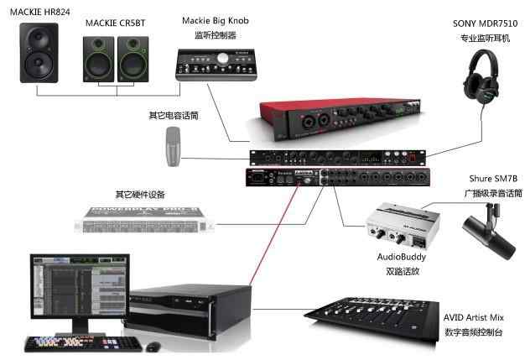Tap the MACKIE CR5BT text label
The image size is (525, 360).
click(x=117, y=24)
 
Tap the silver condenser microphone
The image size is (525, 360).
click(x=174, y=146)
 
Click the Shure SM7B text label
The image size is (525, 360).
click(x=492, y=179)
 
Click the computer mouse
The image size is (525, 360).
click(x=153, y=346)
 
